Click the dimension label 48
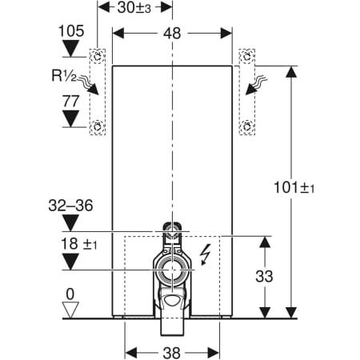(172, 34)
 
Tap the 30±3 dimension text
(134, 7)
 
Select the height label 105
(71, 31)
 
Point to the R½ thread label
(64, 75)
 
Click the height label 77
(71, 102)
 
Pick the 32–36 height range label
(70, 206)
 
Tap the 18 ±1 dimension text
(79, 244)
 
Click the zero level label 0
(70, 294)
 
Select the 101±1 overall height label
(294, 187)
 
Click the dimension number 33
(264, 276)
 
